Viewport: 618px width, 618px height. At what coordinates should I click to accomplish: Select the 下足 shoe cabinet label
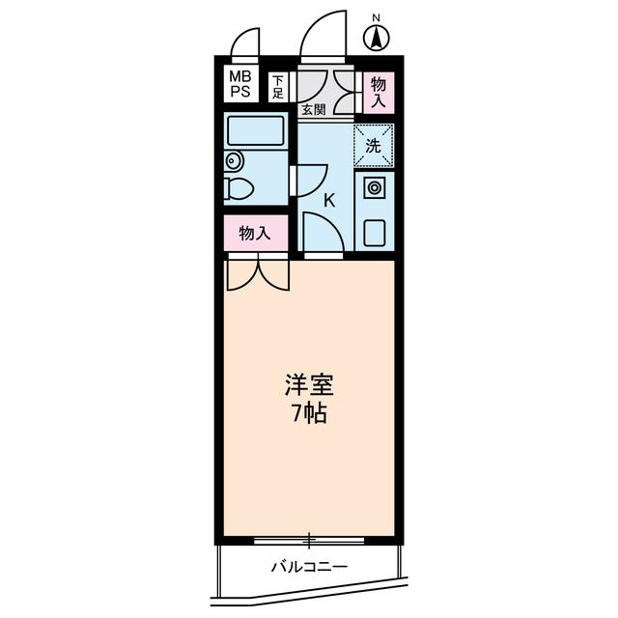pos(278,87)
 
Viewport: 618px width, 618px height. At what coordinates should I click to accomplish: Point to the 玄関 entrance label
pos(313,109)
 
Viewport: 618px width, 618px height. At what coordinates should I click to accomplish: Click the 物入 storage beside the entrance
pos(378,90)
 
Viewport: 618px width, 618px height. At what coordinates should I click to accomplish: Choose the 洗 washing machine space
pos(373,146)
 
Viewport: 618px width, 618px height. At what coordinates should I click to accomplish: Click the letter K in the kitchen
pos(328,201)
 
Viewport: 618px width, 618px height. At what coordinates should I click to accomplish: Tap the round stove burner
pos(374,187)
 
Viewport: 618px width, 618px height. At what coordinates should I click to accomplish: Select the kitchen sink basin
pos(374,233)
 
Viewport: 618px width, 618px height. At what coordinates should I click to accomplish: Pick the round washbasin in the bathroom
pos(233,161)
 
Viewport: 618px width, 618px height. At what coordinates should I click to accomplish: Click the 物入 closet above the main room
pos(254,233)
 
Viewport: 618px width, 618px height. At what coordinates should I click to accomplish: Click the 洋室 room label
pos(308,385)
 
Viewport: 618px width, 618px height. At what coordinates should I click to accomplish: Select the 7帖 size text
pos(308,416)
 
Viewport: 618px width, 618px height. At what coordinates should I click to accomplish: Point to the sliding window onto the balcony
pos(309,539)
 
